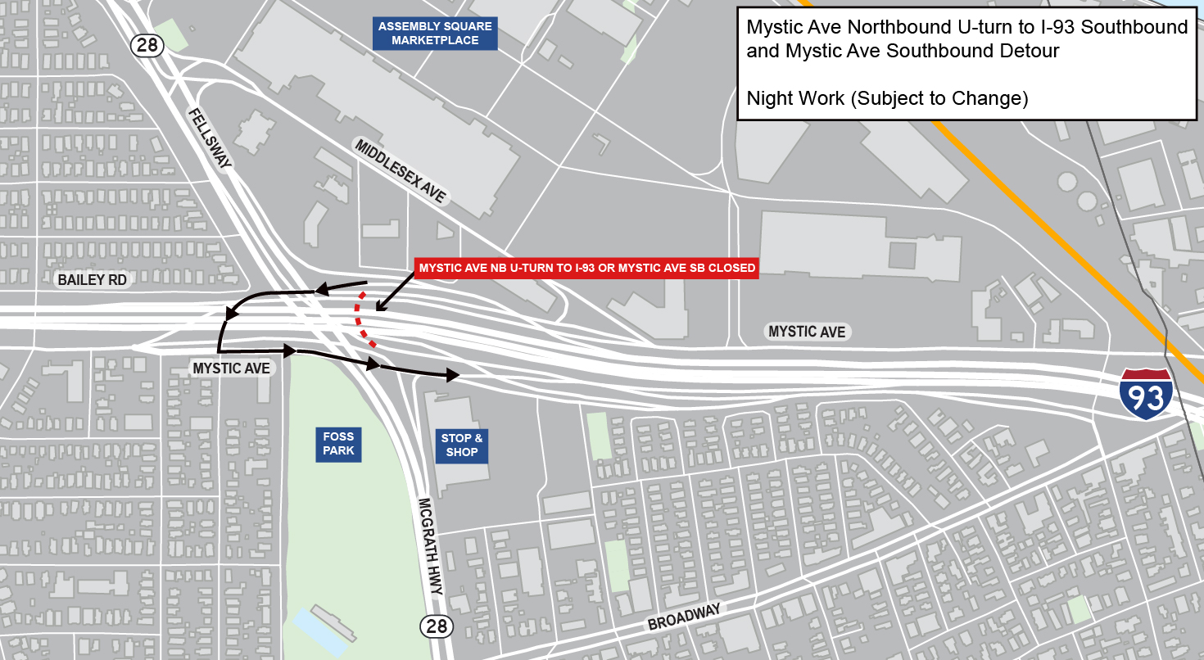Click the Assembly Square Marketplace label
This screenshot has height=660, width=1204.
(435, 33)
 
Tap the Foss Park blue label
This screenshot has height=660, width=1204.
(338, 444)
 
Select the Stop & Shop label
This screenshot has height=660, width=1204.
(462, 445)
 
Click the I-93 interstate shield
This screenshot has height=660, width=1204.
(1146, 395)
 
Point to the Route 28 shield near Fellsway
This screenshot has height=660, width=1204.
(147, 45)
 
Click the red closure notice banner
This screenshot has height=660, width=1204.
(586, 268)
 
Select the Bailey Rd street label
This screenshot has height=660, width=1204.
(93, 280)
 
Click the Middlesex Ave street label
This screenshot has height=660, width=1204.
(401, 171)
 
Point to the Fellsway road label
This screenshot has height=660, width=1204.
(210, 138)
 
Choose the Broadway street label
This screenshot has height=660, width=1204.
(684, 617)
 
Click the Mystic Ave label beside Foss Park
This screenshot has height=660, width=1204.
(231, 368)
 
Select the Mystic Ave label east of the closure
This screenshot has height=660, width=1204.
(806, 332)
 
